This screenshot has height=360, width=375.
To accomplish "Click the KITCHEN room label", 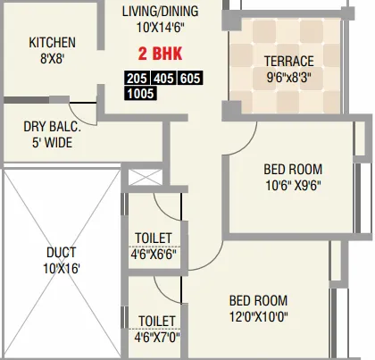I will pos(52,43).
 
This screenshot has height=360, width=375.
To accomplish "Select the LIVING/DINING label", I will pos(160,12).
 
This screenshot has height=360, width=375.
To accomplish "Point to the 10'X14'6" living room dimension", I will pos(160,29).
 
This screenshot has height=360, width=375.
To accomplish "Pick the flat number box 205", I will pos(137,78).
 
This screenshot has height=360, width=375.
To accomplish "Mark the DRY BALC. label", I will pos(52,126).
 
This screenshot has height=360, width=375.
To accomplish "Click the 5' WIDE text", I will pos(52,141).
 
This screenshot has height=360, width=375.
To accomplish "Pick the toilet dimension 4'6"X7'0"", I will pos(156,336).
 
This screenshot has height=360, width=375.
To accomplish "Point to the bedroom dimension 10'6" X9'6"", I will pos(292,186).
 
